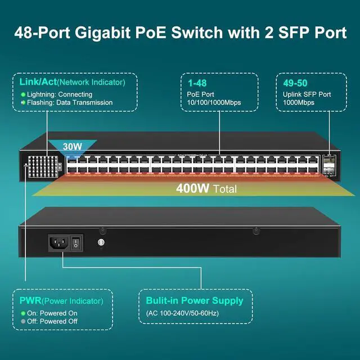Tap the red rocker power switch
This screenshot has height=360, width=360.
pyautogui.click(x=79, y=242)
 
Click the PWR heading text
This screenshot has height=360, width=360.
pyautogui.click(x=30, y=300)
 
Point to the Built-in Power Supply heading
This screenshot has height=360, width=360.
pyautogui.click(x=194, y=300)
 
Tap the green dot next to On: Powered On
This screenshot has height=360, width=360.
pyautogui.click(x=23, y=313)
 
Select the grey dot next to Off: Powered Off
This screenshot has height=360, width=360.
pyautogui.click(x=23, y=321)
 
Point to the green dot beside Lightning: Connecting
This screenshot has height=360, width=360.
pyautogui.click(x=23, y=94)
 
